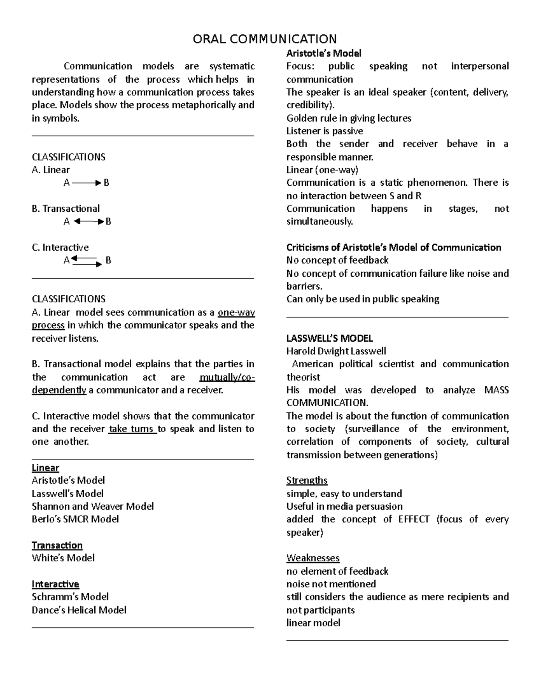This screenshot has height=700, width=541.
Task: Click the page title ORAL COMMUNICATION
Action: coord(265,39)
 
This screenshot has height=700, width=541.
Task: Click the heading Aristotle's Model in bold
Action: coord(324,54)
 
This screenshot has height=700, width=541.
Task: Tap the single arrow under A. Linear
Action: coord(86,183)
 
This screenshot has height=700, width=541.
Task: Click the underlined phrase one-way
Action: coord(236,313)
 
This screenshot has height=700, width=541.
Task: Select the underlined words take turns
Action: coord(132,429)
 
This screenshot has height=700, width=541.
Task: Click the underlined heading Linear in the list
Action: coord(45,468)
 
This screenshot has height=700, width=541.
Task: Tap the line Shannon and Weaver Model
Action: coord(92,507)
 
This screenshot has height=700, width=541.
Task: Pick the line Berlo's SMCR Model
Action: coord(75,519)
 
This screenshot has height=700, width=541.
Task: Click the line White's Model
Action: coord(63,558)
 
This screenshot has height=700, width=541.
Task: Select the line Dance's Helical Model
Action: coord(79,610)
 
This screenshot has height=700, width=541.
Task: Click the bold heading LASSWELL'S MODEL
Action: coord(330,339)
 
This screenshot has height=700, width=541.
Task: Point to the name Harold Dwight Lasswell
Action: coord(336,352)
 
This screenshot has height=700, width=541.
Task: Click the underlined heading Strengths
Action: coord(307,480)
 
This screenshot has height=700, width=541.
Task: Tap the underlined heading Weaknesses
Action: coord(313,558)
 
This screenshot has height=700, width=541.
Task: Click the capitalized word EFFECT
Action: coord(413,519)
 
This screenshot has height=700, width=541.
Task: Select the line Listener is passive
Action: coord(325,131)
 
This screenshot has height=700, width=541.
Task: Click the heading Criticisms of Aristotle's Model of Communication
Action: coord(394,247)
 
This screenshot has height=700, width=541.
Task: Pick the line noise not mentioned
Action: coord(331,584)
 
